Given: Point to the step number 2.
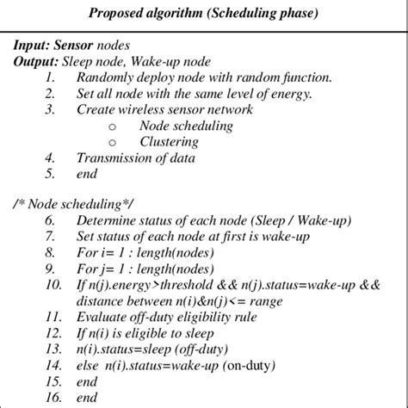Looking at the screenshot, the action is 50,94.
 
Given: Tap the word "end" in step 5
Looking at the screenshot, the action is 87,173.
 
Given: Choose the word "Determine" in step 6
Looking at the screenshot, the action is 107,221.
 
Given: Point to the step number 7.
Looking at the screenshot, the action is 50,238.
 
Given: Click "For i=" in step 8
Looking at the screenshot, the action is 93,253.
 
